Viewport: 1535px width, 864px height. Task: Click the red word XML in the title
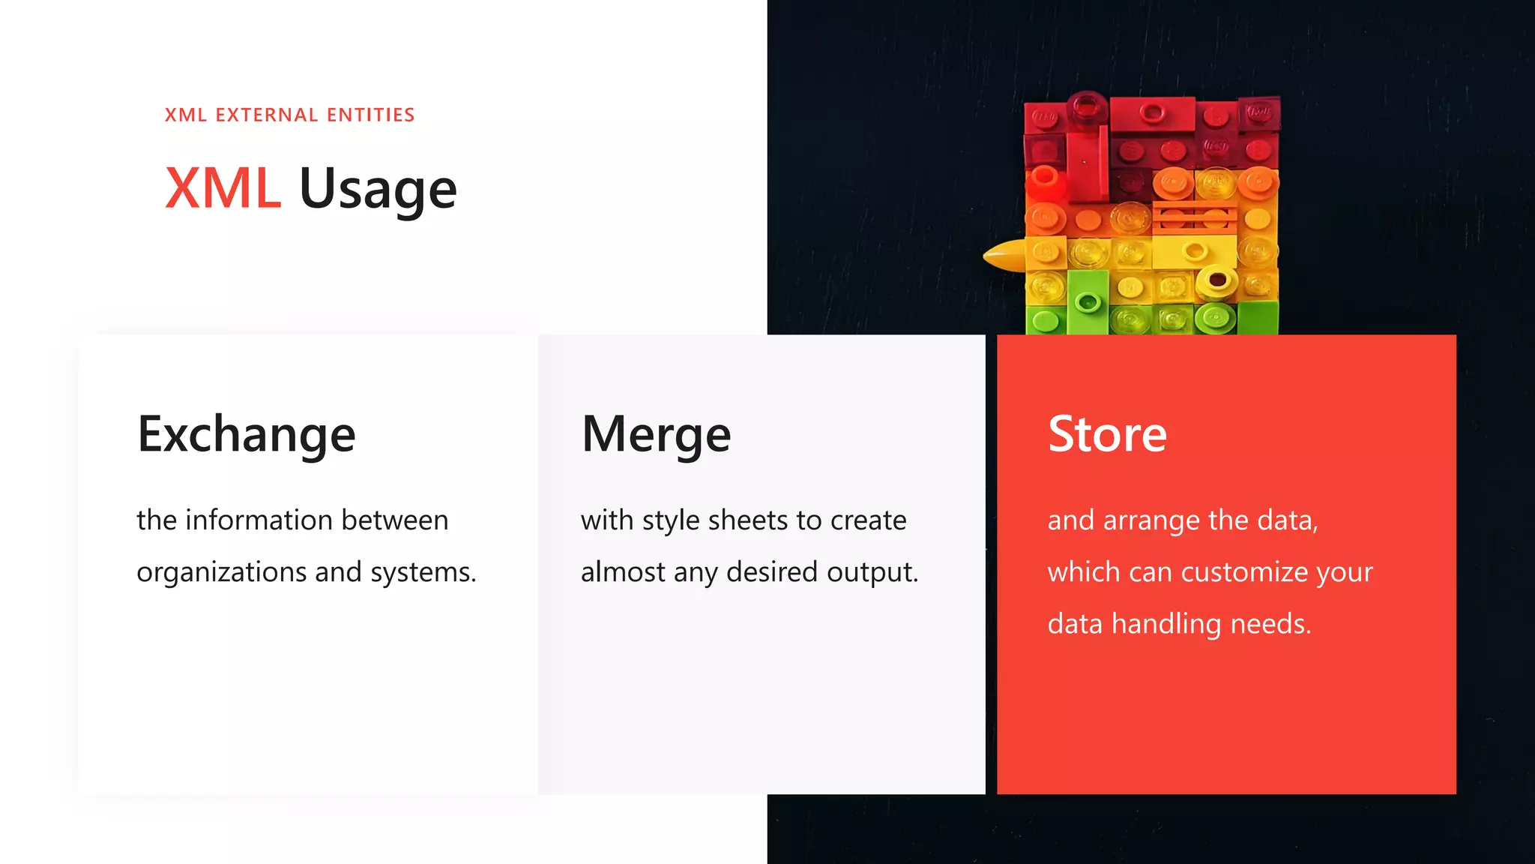[x=223, y=188]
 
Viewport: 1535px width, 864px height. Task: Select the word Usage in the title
[x=378, y=190]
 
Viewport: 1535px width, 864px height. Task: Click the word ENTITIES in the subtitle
[x=370, y=115]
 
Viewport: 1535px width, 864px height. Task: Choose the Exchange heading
[x=247, y=435]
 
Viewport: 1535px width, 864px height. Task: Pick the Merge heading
[x=656, y=435]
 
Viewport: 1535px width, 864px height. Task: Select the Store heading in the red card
[x=1107, y=434]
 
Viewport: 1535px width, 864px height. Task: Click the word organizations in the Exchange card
[x=221, y=572]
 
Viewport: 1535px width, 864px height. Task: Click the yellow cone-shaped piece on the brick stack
[x=1004, y=256]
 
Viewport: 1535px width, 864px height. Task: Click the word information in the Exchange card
[x=259, y=520]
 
